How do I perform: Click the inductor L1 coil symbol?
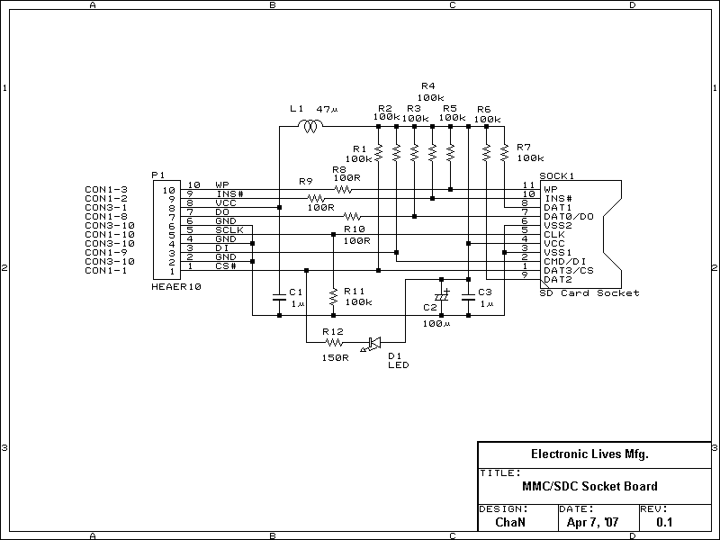pyautogui.click(x=310, y=126)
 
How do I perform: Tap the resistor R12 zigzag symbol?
pyautogui.click(x=334, y=342)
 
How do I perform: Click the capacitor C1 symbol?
pyautogui.click(x=279, y=297)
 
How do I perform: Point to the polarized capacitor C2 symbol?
pyautogui.click(x=441, y=297)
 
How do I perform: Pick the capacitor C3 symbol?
pyautogui.click(x=468, y=297)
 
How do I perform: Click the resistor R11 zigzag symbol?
pyautogui.click(x=333, y=298)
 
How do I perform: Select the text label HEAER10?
pyautogui.click(x=176, y=287)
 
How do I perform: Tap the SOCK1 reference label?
pyautogui.click(x=556, y=175)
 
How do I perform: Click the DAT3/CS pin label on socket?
pyautogui.click(x=569, y=271)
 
